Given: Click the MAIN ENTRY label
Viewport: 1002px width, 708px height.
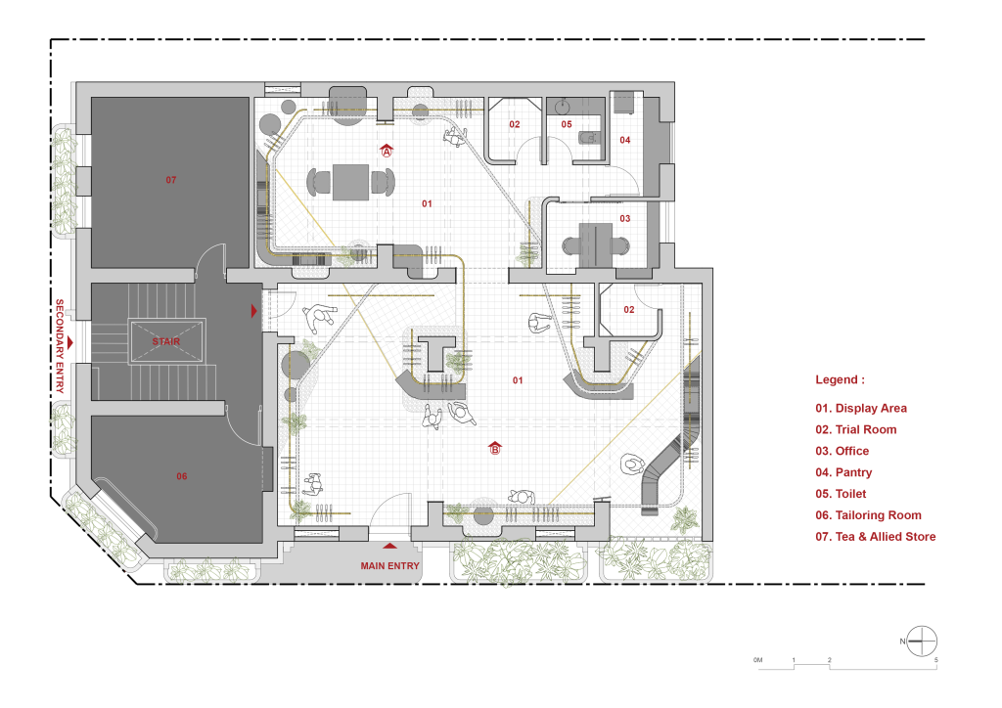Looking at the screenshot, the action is tap(389, 565).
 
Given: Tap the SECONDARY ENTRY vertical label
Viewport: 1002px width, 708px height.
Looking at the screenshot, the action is tap(60, 345).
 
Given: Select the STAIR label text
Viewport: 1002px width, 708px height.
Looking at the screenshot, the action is tap(166, 341).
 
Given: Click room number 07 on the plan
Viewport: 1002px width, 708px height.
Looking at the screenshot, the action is tap(170, 180).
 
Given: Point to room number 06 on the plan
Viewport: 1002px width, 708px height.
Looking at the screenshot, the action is tap(181, 476).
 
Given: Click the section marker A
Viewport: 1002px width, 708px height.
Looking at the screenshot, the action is tap(387, 151).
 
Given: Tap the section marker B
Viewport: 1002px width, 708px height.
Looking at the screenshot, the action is tap(494, 448).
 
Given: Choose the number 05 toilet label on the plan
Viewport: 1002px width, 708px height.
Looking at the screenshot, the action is tap(567, 124).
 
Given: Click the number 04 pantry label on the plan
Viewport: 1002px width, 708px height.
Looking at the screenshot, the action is tap(624, 140).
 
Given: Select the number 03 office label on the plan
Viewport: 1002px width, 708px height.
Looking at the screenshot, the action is tap(624, 218).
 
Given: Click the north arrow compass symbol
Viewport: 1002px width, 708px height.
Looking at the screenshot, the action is tap(922, 641).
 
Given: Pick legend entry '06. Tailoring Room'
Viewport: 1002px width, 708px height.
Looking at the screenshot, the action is tap(869, 515).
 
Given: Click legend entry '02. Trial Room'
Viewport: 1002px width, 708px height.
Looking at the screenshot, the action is tap(855, 429).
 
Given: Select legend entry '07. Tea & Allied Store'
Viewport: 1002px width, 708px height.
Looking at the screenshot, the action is tap(876, 537).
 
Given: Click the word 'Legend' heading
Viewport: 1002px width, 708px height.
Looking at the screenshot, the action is tap(837, 379).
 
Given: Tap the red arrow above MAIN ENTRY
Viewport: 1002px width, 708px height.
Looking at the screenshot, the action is tap(389, 546).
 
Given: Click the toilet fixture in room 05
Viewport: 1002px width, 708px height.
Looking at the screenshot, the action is tap(588, 137).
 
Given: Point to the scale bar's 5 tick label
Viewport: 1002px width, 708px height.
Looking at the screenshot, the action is tap(936, 660).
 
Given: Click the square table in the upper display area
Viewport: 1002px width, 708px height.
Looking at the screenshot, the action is tap(350, 182).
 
